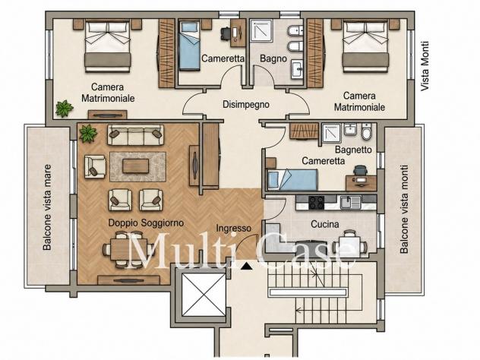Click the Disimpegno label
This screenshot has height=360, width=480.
246,105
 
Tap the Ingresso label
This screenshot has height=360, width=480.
234,228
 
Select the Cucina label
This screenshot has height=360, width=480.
325,224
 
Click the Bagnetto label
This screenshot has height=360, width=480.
353,150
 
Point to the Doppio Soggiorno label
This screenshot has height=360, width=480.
146,223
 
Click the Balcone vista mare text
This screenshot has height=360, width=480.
47,207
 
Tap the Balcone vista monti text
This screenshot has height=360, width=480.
404,209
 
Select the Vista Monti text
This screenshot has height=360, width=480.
425,66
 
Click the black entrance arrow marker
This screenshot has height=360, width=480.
246,266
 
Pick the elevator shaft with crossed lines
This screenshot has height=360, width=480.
204,295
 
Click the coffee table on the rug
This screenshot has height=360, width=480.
136,166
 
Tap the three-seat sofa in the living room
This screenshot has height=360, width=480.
135,134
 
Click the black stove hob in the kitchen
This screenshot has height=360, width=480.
316,202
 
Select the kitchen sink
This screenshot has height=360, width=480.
351,202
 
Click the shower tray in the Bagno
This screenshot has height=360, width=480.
261,30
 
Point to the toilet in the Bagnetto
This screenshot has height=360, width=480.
366,131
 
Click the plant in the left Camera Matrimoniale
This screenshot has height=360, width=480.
65,109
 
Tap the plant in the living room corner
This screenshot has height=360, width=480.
88,134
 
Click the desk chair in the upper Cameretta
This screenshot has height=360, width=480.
226,33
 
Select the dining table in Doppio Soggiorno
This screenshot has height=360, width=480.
128,249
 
